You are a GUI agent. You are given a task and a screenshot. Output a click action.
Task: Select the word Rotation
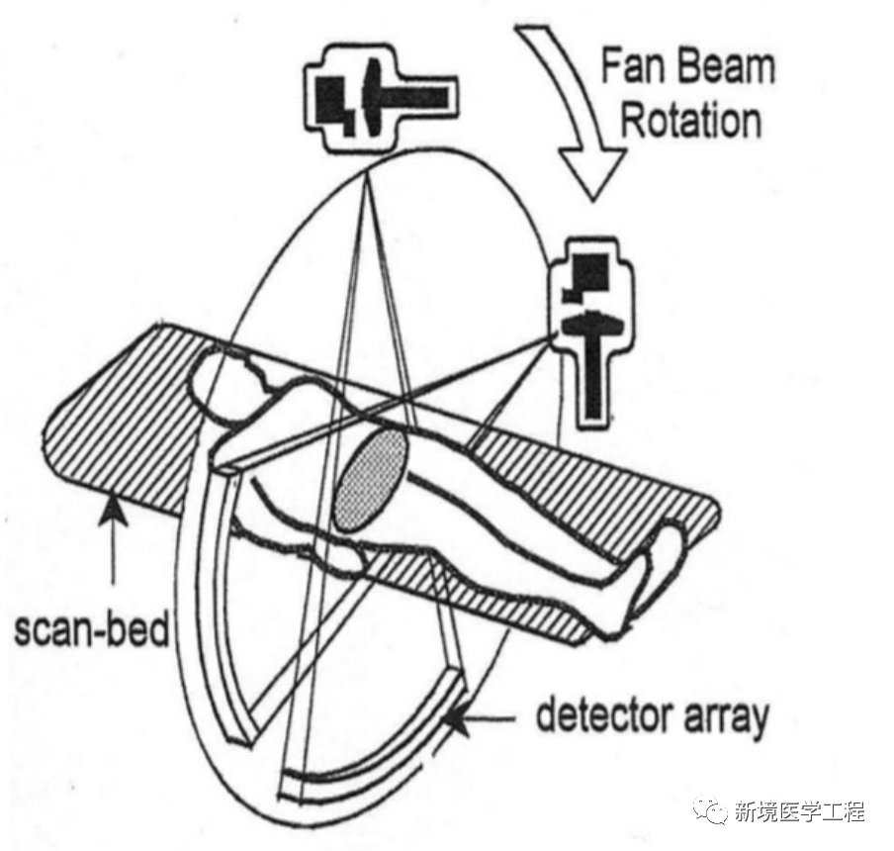coord(690,122)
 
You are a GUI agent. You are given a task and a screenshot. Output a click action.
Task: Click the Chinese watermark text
coord(800,811)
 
